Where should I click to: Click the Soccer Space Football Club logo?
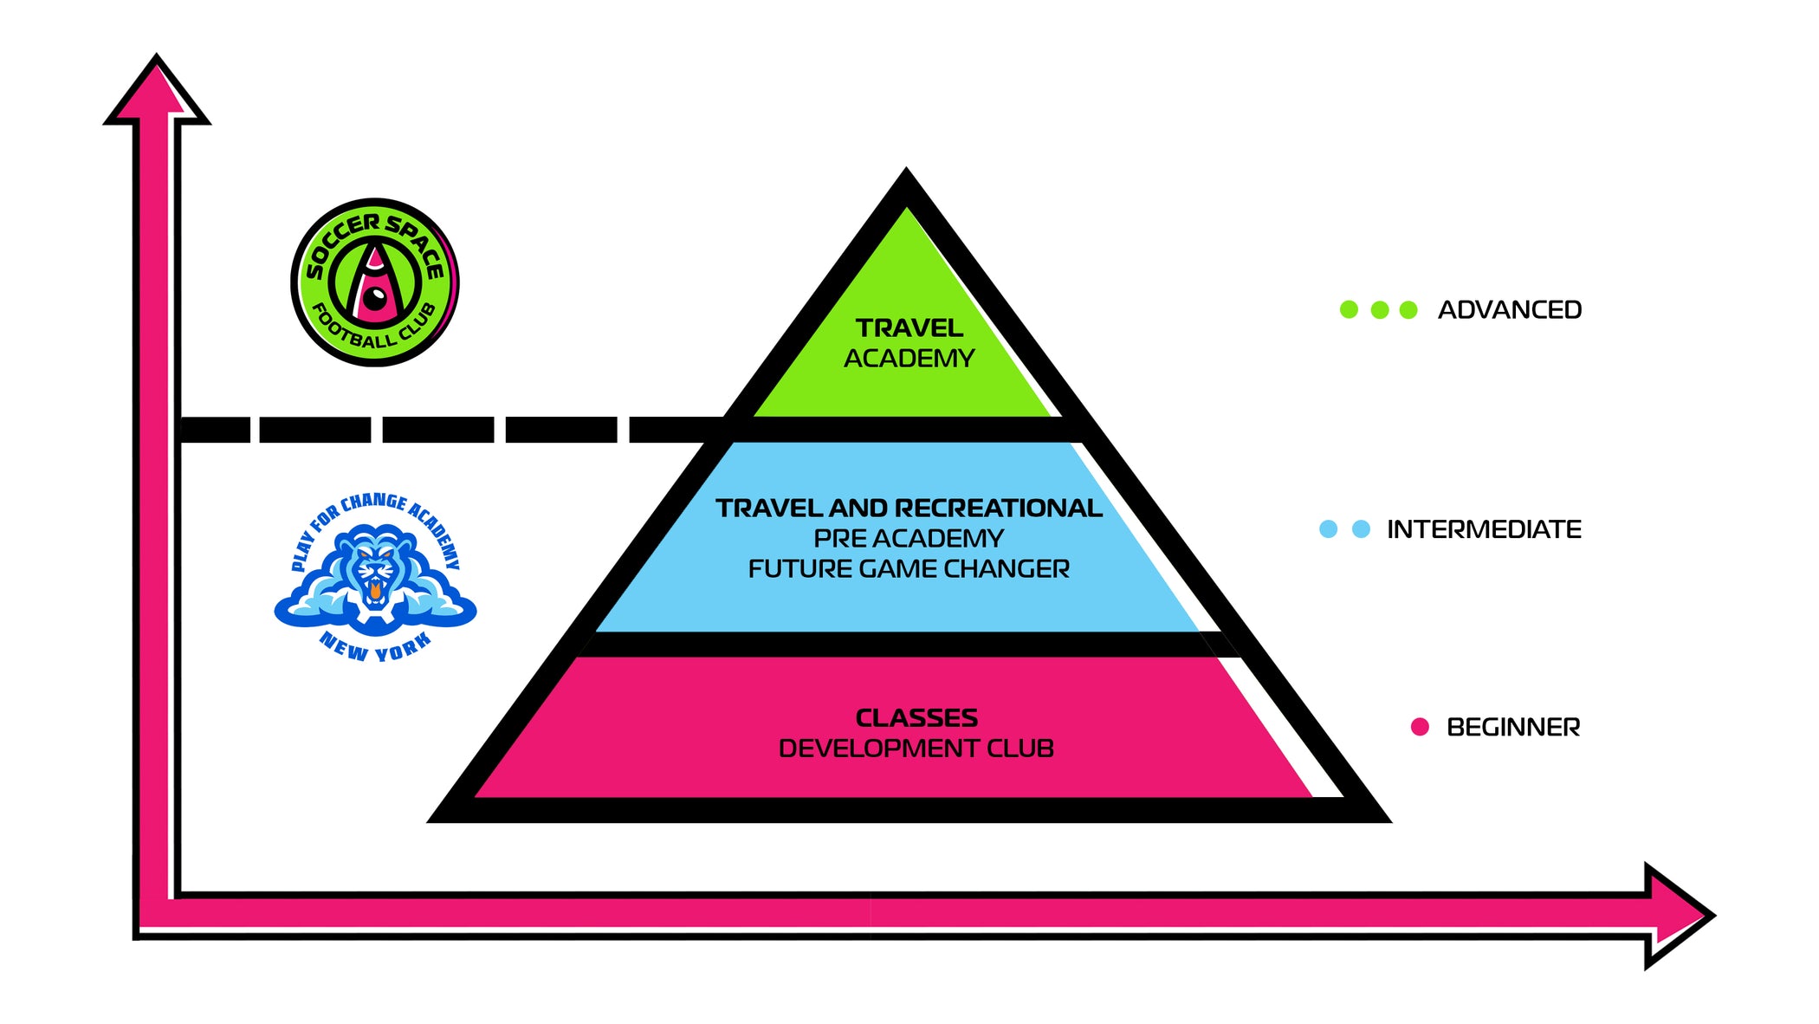pos(375,282)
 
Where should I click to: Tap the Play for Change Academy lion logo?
pos(375,576)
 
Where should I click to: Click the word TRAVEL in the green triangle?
pos(909,328)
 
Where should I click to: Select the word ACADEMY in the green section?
pos(909,359)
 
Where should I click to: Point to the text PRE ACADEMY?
pos(909,539)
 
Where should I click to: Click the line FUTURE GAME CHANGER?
pos(909,569)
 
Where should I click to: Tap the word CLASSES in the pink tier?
pos(916,718)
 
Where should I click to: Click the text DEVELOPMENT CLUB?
pos(916,749)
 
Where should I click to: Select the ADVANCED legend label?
pos(1509,310)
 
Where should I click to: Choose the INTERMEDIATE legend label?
pos(1484,529)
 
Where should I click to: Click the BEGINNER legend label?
pos(1512,728)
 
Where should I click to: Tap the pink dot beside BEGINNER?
pos(1420,727)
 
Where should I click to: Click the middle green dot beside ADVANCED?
pos(1380,310)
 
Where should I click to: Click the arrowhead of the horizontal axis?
pos(1677,916)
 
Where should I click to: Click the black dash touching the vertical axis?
pos(214,430)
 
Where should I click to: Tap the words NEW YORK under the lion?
pos(375,646)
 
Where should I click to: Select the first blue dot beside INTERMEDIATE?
pos(1328,529)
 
